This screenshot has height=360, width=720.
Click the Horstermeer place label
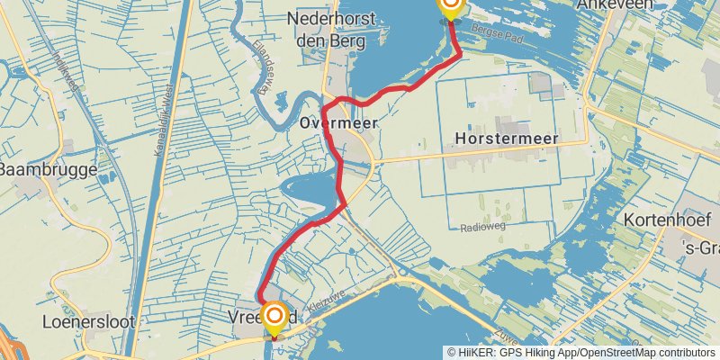pyautogui.click(x=507, y=139)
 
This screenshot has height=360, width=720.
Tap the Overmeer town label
pyautogui.click(x=338, y=124)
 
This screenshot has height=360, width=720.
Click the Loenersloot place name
pyautogui.click(x=81, y=320)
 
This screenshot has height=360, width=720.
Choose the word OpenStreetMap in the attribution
pyautogui.click(x=616, y=353)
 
